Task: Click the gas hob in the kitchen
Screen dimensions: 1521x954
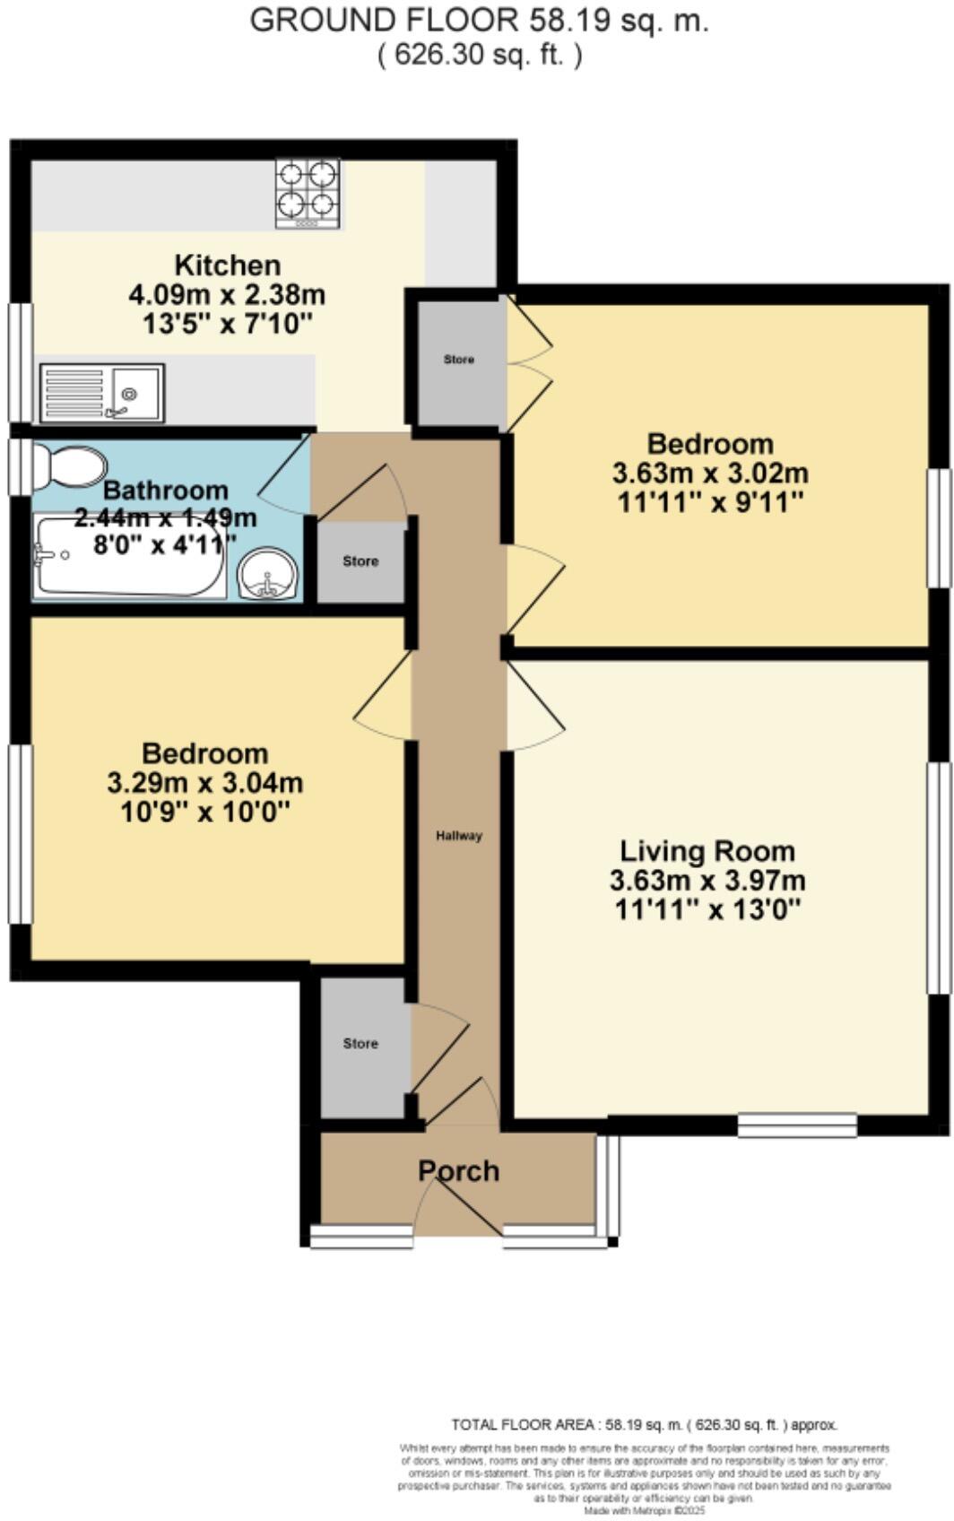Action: [308, 193]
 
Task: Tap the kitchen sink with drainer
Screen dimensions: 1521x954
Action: [101, 393]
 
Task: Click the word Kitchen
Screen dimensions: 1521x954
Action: [227, 265]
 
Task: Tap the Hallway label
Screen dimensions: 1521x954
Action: [459, 836]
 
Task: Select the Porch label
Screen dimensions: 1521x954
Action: [458, 1170]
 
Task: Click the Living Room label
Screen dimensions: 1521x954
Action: [707, 850]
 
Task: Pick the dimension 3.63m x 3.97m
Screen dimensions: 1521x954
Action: [707, 880]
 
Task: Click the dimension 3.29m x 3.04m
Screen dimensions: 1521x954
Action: [204, 783]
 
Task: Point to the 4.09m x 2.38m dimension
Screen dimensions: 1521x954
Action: [227, 294]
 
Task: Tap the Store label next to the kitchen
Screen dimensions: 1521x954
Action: [459, 360]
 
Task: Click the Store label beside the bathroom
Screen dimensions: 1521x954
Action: [360, 561]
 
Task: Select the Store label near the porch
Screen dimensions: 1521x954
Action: [360, 1044]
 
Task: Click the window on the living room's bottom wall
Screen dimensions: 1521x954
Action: [797, 1125]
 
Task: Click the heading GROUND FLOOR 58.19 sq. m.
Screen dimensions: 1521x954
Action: [479, 21]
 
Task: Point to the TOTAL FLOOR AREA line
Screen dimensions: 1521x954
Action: [644, 1424]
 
